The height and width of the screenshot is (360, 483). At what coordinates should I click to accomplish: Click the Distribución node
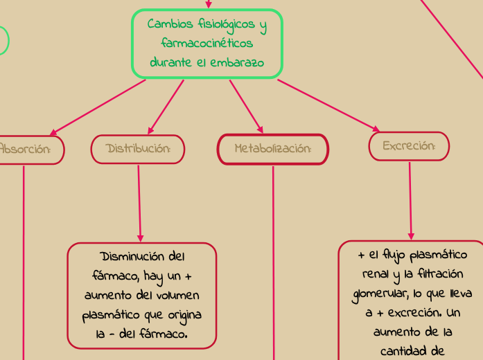[x=138, y=149]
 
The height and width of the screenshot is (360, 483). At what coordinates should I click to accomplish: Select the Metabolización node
[x=272, y=149]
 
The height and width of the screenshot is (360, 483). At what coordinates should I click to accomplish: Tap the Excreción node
[x=409, y=146]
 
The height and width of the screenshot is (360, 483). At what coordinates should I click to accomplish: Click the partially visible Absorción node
[x=28, y=149]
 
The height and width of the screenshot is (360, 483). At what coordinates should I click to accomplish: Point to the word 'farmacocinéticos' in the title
[x=207, y=44]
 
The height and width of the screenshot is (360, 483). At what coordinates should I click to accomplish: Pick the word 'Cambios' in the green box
[x=170, y=25]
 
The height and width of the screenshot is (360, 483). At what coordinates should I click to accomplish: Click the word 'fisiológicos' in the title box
[x=227, y=25]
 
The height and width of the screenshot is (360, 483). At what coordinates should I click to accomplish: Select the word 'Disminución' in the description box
[x=133, y=257]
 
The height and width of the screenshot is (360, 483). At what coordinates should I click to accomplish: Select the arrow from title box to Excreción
[x=328, y=105]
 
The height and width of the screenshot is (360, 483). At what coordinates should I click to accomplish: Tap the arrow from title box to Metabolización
[x=246, y=106]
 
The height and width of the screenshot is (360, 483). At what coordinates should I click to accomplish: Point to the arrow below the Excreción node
[x=410, y=201]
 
